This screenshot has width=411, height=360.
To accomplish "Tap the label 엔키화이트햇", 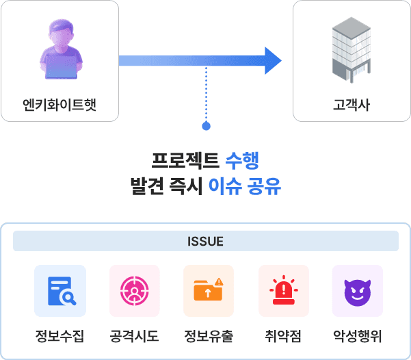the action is point(59,105).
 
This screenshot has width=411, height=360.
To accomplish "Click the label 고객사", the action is point(352,105).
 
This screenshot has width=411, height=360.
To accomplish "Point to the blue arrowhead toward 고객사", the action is point(272,61).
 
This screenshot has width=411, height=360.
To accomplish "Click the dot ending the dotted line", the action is point(206,126).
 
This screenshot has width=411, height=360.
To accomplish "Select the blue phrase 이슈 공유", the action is point(245,186).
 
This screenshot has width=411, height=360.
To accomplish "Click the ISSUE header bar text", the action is point(205,242).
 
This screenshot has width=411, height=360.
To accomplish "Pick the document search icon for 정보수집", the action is point(60,291).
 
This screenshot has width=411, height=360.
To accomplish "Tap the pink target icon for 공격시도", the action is point(134,291).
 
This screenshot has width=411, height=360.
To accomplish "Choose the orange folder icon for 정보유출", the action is point(208,291).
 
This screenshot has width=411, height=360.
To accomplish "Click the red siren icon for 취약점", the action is point(282,291).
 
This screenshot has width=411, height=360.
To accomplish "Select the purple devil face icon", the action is point(356,291).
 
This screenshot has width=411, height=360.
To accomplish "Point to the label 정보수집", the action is point(60,336).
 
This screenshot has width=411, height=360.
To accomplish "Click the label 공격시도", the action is point(134,336).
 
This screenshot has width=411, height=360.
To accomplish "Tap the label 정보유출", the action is point(208,336).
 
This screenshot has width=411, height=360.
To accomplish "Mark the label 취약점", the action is point(282,336).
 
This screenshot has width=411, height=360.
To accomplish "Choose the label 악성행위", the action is point(357,336).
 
